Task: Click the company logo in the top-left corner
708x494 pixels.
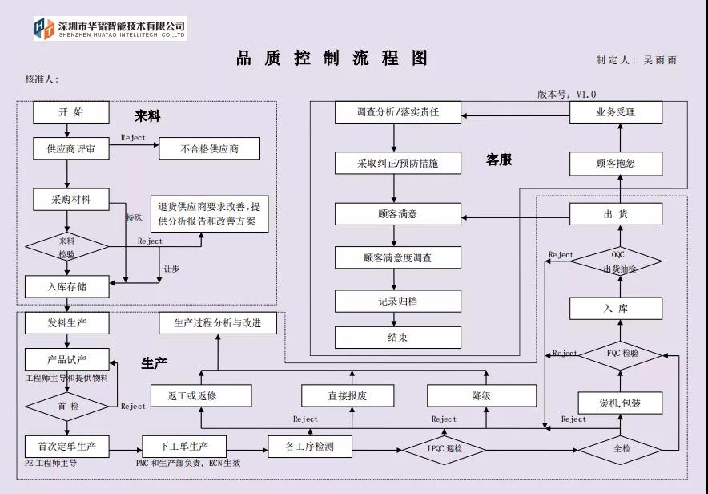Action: click(x=44, y=28)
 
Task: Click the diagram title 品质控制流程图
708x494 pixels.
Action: click(x=332, y=59)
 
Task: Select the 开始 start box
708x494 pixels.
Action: click(x=71, y=112)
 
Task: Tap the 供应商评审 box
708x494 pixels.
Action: click(x=71, y=149)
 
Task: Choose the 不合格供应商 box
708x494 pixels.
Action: click(x=209, y=149)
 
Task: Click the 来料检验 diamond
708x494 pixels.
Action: click(x=67, y=245)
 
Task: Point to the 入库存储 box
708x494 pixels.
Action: click(x=66, y=286)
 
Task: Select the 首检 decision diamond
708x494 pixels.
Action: click(x=67, y=406)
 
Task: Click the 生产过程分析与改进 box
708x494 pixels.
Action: click(x=218, y=323)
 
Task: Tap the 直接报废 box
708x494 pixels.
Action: click(x=348, y=395)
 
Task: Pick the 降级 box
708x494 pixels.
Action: click(x=481, y=395)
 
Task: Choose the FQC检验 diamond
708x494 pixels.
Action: click(x=622, y=354)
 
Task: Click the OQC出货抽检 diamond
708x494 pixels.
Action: click(x=617, y=261)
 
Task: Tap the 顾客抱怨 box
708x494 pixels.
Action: click(x=616, y=164)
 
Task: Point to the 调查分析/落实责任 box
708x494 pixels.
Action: click(x=398, y=112)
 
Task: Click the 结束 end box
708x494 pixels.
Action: click(x=398, y=338)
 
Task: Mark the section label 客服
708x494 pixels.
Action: click(x=498, y=160)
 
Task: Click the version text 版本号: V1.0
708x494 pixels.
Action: click(x=566, y=94)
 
